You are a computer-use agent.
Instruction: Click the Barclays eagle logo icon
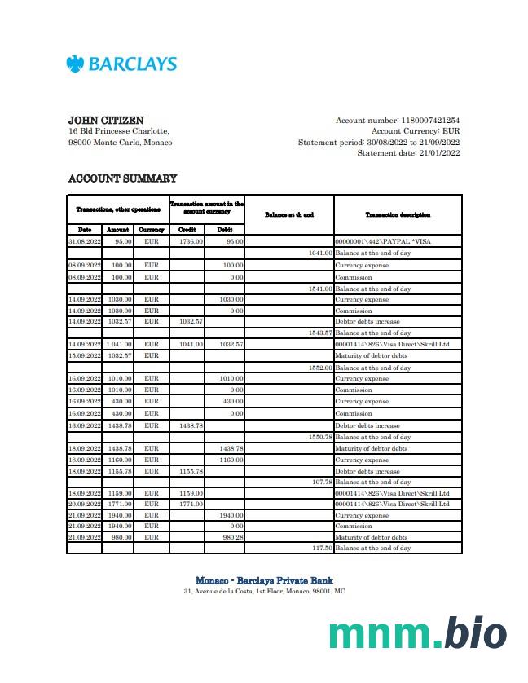coord(76,64)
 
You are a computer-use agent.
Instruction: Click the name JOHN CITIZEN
coord(106,121)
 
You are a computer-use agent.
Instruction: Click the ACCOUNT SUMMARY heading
coord(122,178)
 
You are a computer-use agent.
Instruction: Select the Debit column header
coord(225,230)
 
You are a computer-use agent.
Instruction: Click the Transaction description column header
coord(398,214)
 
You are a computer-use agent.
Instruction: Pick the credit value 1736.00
coord(191,242)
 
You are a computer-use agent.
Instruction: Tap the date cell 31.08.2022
coord(85,242)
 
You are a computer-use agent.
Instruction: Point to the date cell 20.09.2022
coord(85,504)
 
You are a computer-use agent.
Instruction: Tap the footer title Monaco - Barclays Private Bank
coord(264,580)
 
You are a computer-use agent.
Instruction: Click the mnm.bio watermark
coord(418,633)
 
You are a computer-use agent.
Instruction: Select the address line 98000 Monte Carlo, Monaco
coord(121,143)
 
